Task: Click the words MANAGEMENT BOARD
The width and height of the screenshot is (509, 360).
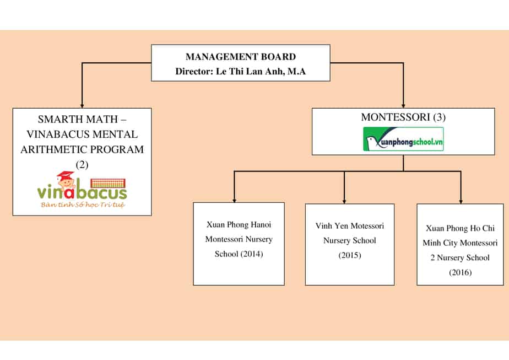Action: pyautogui.click(x=241, y=57)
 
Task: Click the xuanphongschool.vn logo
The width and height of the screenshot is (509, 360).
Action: pyautogui.click(x=403, y=139)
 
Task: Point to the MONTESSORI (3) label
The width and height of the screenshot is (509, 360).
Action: pyautogui.click(x=403, y=117)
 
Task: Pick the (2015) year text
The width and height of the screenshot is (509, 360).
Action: pyautogui.click(x=350, y=255)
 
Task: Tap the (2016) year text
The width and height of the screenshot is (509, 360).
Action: pyautogui.click(x=460, y=272)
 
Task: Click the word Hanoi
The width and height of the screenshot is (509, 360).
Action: pyautogui.click(x=258, y=225)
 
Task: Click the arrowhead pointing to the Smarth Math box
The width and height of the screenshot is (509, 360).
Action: pyautogui.click(x=82, y=104)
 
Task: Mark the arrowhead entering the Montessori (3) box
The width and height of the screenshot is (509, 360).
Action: pyautogui.click(x=403, y=104)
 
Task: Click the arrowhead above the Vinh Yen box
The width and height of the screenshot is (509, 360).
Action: pyautogui.click(x=344, y=200)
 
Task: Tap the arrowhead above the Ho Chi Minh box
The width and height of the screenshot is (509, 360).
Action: pyautogui.click(x=461, y=200)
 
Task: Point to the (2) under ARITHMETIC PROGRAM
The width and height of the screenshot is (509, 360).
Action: pyautogui.click(x=82, y=164)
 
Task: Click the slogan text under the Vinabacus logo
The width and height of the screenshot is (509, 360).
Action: pyautogui.click(x=82, y=205)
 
